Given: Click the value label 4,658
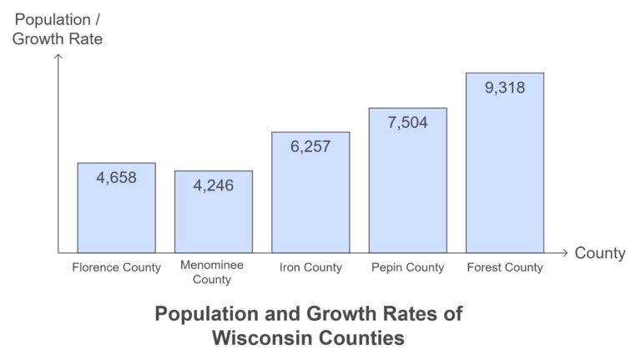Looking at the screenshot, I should [116, 177].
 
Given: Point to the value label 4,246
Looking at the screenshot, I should [213, 185].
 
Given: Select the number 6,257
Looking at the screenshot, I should [310, 146].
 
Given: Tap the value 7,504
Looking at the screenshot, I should [407, 123].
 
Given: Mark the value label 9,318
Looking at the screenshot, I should [504, 87].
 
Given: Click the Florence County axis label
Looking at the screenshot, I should [116, 268].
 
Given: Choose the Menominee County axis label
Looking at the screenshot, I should [213, 272].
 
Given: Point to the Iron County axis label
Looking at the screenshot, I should [310, 268].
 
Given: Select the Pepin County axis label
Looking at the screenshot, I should [407, 268].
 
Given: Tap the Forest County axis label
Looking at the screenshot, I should [504, 268].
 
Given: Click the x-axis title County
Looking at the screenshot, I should [599, 253].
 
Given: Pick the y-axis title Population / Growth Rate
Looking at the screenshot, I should [58, 28].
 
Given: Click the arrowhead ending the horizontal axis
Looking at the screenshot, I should [565, 252].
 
